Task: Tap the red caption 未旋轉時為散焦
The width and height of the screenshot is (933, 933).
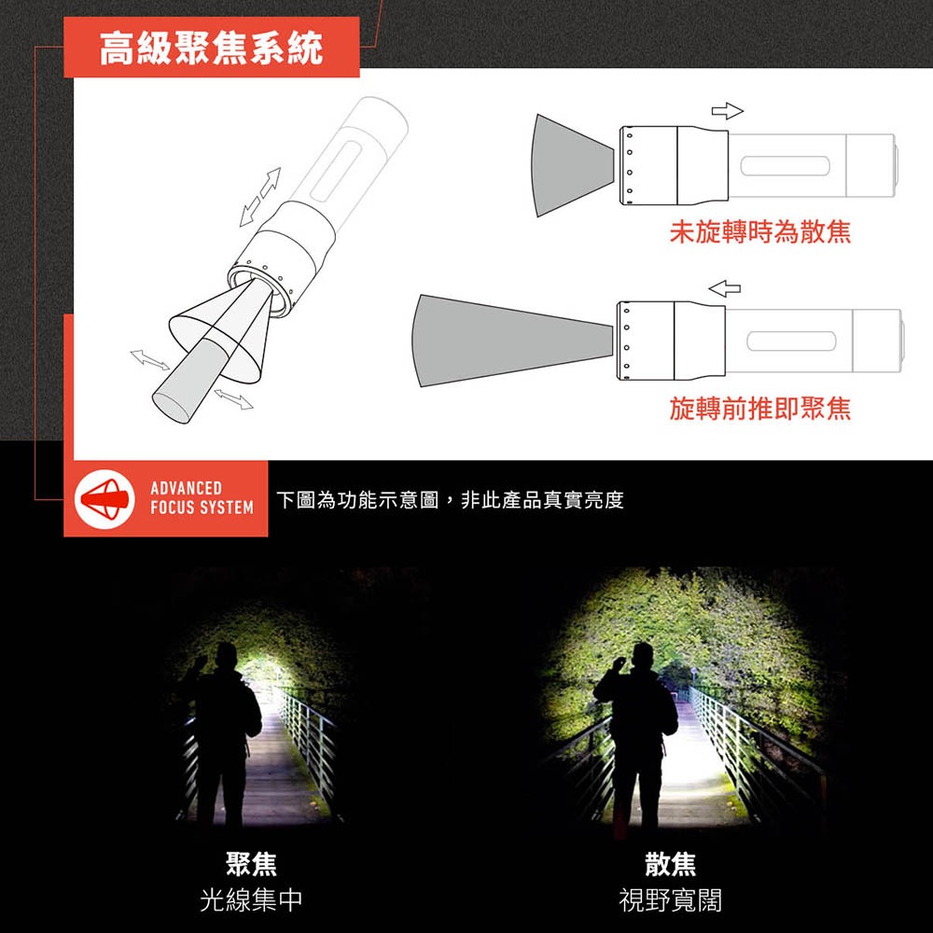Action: point(759,231)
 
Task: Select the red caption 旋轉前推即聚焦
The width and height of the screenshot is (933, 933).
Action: point(759,408)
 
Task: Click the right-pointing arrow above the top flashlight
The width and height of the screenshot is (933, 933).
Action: point(727,112)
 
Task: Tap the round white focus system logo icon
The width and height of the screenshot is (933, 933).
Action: point(102,499)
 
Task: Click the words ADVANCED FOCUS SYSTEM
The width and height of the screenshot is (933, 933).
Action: point(202,498)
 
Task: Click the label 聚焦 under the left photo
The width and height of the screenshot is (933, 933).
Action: point(251,864)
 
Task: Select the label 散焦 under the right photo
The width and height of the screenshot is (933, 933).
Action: point(670,864)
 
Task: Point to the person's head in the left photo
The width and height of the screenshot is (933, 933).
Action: point(227,655)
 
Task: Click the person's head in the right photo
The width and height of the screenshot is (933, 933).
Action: point(640,655)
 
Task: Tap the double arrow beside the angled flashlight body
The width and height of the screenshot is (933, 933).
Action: point(258,197)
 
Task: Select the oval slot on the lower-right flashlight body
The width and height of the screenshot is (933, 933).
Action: point(789,341)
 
